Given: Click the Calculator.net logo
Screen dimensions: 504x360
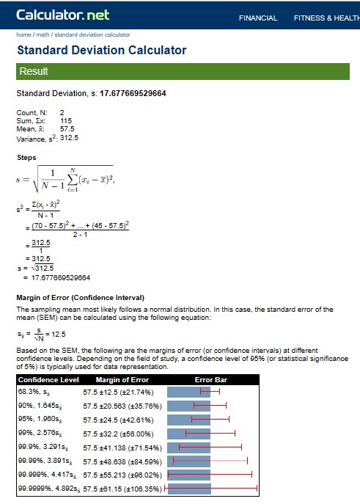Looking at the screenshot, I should pyautogui.click(x=62, y=15).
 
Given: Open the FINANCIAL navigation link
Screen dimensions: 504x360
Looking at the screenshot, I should pyautogui.click(x=258, y=18).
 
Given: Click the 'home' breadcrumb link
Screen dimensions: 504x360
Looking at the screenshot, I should pyautogui.click(x=23, y=34).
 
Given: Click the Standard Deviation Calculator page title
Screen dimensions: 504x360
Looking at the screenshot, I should pyautogui.click(x=101, y=51).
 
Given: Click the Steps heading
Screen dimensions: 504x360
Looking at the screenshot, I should pyautogui.click(x=26, y=158).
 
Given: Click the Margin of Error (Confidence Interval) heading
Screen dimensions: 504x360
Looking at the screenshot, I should pyautogui.click(x=80, y=297).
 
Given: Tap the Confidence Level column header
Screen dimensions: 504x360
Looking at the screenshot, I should pyautogui.click(x=48, y=380).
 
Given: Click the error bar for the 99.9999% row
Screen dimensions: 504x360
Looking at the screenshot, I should pyautogui.click(x=212, y=487).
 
